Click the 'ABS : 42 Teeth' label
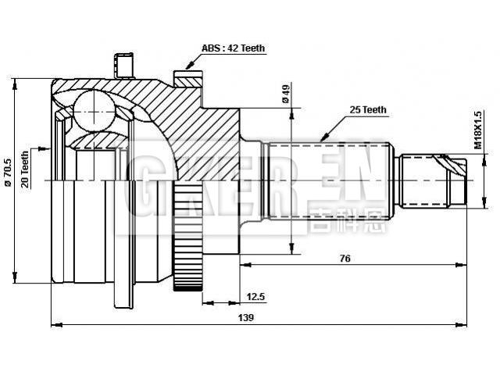[233, 48]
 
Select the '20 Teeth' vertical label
[25, 167]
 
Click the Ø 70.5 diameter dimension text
[7, 173]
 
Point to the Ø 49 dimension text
[286, 94]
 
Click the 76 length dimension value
[344, 258]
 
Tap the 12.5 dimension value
[255, 296]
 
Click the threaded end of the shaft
[434, 180]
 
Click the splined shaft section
[328, 180]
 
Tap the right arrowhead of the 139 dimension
[465, 324]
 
